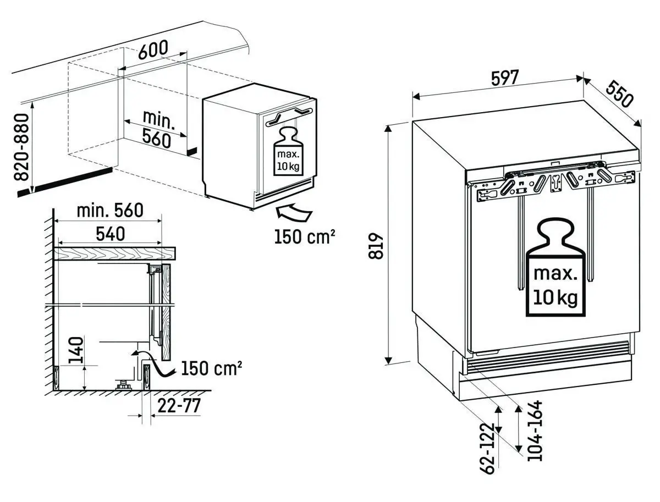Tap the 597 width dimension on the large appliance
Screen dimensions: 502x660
pyautogui.click(x=504, y=78)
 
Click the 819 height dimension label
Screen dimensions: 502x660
pyautogui.click(x=376, y=245)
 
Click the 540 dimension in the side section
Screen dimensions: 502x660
pyautogui.click(x=110, y=234)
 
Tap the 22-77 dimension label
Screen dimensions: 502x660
pyautogui.click(x=179, y=406)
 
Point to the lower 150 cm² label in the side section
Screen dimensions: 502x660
pyautogui.click(x=211, y=368)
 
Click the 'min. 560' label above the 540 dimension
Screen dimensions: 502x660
pyautogui.click(x=109, y=210)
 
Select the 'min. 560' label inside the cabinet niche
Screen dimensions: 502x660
pyautogui.click(x=157, y=129)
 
